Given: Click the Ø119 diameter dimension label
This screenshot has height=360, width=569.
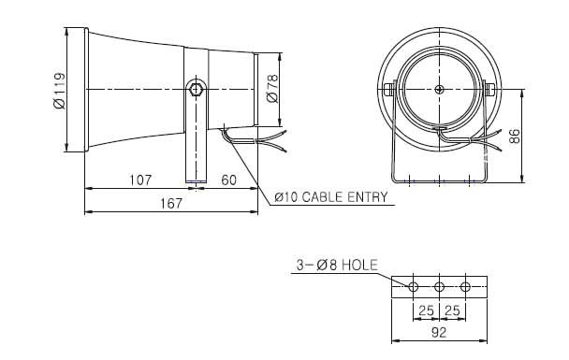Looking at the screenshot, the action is [60, 91].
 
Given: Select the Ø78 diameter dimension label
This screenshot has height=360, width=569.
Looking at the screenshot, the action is [272, 89].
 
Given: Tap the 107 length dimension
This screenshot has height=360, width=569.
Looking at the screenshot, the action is [140, 180].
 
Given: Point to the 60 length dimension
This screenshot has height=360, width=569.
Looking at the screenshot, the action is [228, 180].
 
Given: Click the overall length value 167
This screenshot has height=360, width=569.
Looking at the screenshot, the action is [171, 204].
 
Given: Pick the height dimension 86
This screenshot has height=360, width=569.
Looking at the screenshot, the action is [515, 136].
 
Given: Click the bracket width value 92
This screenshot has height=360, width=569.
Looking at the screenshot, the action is [439, 332].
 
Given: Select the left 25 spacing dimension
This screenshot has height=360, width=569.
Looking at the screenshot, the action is [427, 310].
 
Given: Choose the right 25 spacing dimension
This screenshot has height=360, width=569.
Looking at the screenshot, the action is [452, 310].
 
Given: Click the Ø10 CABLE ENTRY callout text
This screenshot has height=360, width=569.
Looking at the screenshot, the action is [331, 197].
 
